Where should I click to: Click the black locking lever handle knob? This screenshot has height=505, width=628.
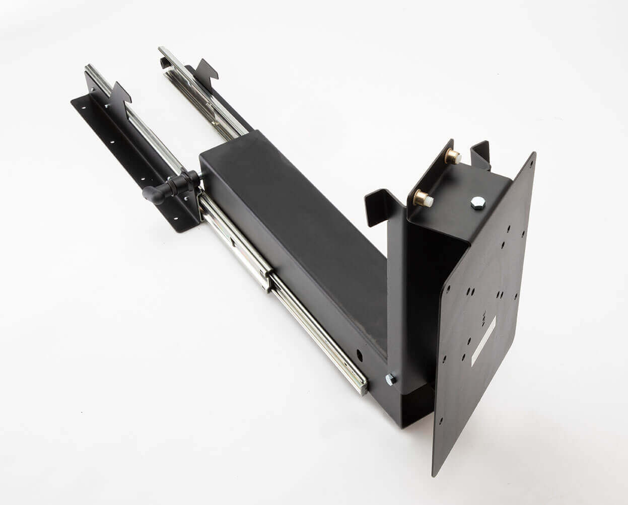coord(153,194)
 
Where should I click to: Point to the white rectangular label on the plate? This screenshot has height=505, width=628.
coord(483,341)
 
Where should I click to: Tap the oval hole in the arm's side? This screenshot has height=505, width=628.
coord(360,354)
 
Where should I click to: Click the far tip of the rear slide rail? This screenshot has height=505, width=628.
coord(162,50)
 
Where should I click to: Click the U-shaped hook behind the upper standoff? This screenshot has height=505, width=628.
coord(480,151)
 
